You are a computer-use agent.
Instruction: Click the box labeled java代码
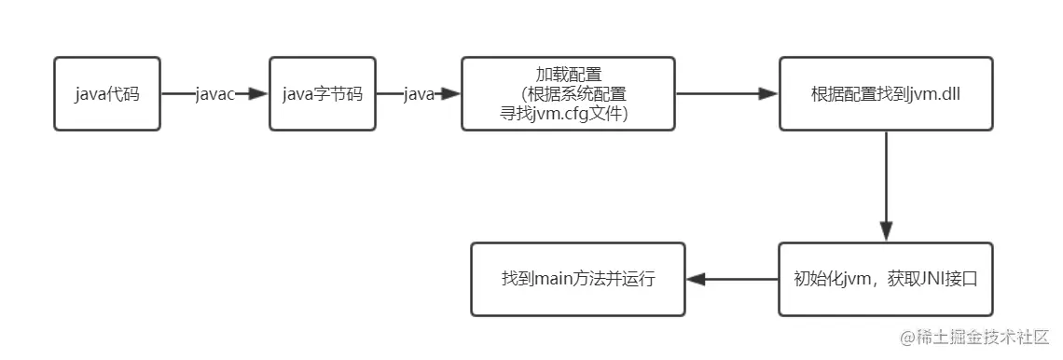(107, 93)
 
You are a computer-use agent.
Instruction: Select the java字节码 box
(323, 93)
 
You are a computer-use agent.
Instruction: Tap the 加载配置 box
(568, 93)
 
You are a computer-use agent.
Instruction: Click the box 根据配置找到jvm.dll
(885, 93)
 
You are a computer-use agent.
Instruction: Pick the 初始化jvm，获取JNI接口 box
(885, 279)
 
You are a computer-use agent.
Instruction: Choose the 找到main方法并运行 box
(578, 279)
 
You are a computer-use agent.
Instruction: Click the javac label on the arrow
(214, 94)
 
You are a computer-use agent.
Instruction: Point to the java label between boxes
(419, 94)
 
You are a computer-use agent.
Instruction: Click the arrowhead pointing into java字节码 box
(258, 94)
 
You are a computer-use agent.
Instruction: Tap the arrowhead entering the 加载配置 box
(451, 94)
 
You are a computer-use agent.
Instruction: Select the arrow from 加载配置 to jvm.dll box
(726, 94)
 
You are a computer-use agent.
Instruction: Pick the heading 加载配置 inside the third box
(568, 74)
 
